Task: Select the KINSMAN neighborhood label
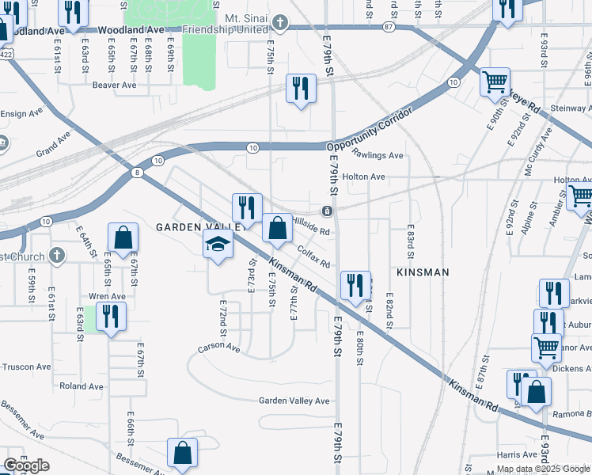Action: pos(422,272)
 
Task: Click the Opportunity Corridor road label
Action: pos(370,127)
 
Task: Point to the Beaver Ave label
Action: pos(114,85)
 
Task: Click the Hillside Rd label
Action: pos(311,226)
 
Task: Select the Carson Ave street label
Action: pos(218,347)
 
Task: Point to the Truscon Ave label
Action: pos(25,367)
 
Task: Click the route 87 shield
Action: pos(388,27)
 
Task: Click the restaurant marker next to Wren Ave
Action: pos(111,316)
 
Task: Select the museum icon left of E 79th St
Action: pos(326,211)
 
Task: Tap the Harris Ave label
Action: pos(518,454)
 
